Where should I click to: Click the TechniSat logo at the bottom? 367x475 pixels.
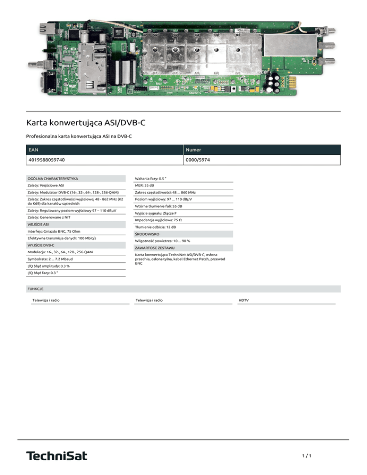coord(57,455)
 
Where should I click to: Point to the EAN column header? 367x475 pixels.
coord(33,150)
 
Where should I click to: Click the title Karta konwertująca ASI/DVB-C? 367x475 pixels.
coord(86,123)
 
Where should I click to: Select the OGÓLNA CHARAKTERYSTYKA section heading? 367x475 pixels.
coord(53,178)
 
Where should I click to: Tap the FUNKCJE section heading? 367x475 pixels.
coord(37,289)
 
